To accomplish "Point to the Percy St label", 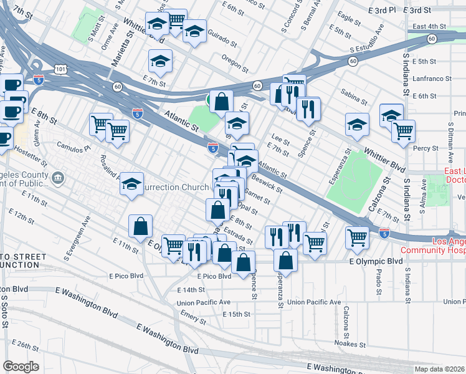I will click(426, 148).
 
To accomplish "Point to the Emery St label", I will click(193, 320).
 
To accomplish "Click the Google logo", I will click(21, 367).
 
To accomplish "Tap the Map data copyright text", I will click(440, 369).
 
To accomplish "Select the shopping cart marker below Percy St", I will click(404, 131).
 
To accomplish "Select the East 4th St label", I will click(430, 26).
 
